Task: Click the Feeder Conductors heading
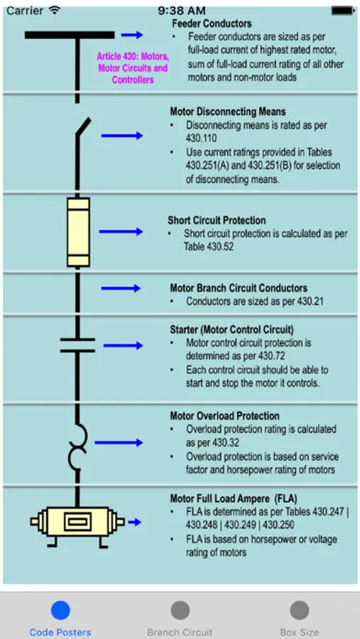(212, 23)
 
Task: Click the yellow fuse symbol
(78, 232)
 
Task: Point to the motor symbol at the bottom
(77, 522)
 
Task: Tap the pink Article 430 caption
(133, 67)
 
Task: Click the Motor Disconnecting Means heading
(227, 111)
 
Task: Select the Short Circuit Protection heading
(217, 221)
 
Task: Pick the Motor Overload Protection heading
(224, 416)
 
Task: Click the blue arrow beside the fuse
(121, 232)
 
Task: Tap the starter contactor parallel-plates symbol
(77, 345)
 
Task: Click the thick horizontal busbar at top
(70, 35)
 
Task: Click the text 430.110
(202, 138)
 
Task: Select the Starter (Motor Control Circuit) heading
(231, 329)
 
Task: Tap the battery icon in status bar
(342, 10)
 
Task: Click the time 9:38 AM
(182, 10)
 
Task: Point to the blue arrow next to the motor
(134, 522)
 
